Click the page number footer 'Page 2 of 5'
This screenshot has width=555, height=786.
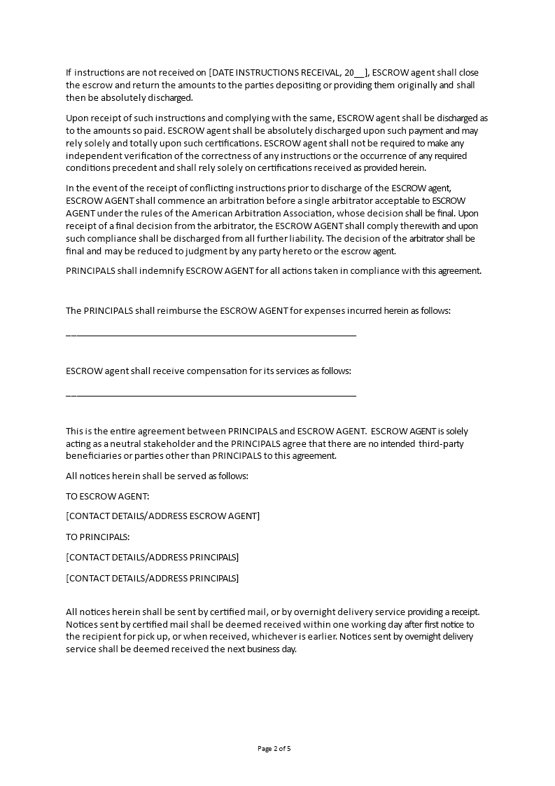274,748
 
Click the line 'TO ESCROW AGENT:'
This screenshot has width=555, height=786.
107,496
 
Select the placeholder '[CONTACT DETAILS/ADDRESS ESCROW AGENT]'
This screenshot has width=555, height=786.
162,516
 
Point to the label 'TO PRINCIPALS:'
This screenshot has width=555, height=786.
97,537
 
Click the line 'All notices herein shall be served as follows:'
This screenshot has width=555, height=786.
157,476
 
